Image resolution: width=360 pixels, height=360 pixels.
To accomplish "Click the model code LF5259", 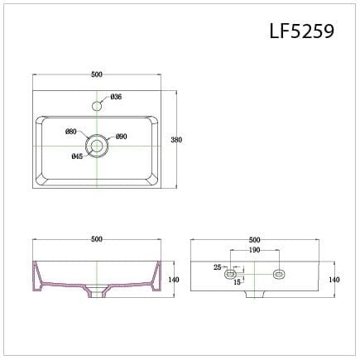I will pyautogui.click(x=301, y=31).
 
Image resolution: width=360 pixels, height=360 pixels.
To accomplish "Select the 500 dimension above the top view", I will pyautogui.click(x=97, y=74).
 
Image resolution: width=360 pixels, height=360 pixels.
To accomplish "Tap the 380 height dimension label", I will pyautogui.click(x=176, y=140).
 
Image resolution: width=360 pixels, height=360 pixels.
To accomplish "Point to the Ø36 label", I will pyautogui.click(x=116, y=98).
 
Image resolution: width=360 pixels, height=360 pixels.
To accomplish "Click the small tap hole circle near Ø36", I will pyautogui.click(x=98, y=105).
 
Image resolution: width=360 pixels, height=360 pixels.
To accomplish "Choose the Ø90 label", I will pyautogui.click(x=121, y=136).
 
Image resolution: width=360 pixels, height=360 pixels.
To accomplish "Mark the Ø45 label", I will pyautogui.click(x=77, y=156).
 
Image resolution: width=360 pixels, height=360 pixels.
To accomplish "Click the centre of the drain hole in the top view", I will pyautogui.click(x=98, y=146).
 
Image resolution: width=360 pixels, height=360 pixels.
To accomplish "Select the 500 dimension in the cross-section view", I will pyautogui.click(x=97, y=239).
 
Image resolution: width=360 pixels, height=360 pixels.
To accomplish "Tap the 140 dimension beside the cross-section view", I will pyautogui.click(x=173, y=280).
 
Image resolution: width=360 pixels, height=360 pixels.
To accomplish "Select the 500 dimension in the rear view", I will pyautogui.click(x=254, y=239).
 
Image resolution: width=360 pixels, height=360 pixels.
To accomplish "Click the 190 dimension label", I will pyautogui.click(x=254, y=249).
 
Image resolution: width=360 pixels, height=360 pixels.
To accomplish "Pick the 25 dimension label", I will pyautogui.click(x=217, y=267).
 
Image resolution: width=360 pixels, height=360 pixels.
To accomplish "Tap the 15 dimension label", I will pyautogui.click(x=238, y=283).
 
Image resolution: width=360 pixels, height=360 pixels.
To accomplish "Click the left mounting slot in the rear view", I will pyautogui.click(x=231, y=272).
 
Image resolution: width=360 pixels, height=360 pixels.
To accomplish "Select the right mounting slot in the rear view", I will pyautogui.click(x=278, y=272).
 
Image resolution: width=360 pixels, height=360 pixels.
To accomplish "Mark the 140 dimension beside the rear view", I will pyautogui.click(x=334, y=280).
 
